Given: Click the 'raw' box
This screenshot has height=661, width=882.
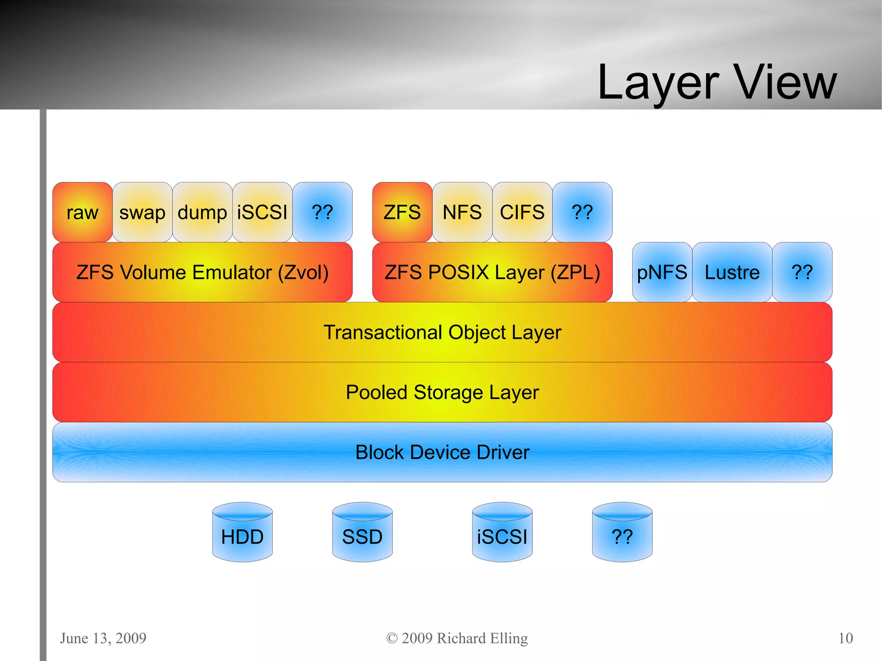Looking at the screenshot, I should (x=82, y=212).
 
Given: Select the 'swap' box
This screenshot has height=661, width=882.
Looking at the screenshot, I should (x=142, y=212).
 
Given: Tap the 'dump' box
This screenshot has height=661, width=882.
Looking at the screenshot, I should (x=202, y=212).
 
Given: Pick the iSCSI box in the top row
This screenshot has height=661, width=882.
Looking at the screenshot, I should (x=262, y=212).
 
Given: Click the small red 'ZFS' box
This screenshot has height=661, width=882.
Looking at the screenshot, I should (x=402, y=212).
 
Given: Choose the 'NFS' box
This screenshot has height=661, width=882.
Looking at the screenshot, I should (x=462, y=212).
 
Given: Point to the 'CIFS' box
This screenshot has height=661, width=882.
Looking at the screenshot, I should (x=522, y=212).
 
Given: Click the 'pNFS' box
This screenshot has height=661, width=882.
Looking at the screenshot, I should (x=662, y=272).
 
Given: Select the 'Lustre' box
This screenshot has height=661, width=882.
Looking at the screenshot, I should (x=732, y=272).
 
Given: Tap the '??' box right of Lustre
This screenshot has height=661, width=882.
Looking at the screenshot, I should (x=802, y=272).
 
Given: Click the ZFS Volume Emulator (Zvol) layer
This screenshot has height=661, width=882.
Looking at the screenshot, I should (x=202, y=272).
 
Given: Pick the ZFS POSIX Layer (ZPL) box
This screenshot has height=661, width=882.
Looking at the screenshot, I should (x=492, y=272).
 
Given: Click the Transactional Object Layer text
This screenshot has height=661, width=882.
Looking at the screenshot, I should (x=442, y=332).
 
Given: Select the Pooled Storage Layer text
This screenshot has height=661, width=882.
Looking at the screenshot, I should (x=442, y=392).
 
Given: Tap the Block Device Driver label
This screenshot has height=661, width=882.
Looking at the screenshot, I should (x=442, y=452).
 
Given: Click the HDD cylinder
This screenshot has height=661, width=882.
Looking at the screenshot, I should (x=242, y=534).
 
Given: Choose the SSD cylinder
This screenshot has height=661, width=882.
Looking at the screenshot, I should (x=362, y=534).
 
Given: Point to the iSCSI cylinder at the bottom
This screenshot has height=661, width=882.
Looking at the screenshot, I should (x=502, y=534).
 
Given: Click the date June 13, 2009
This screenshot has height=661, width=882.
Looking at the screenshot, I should (x=103, y=638).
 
